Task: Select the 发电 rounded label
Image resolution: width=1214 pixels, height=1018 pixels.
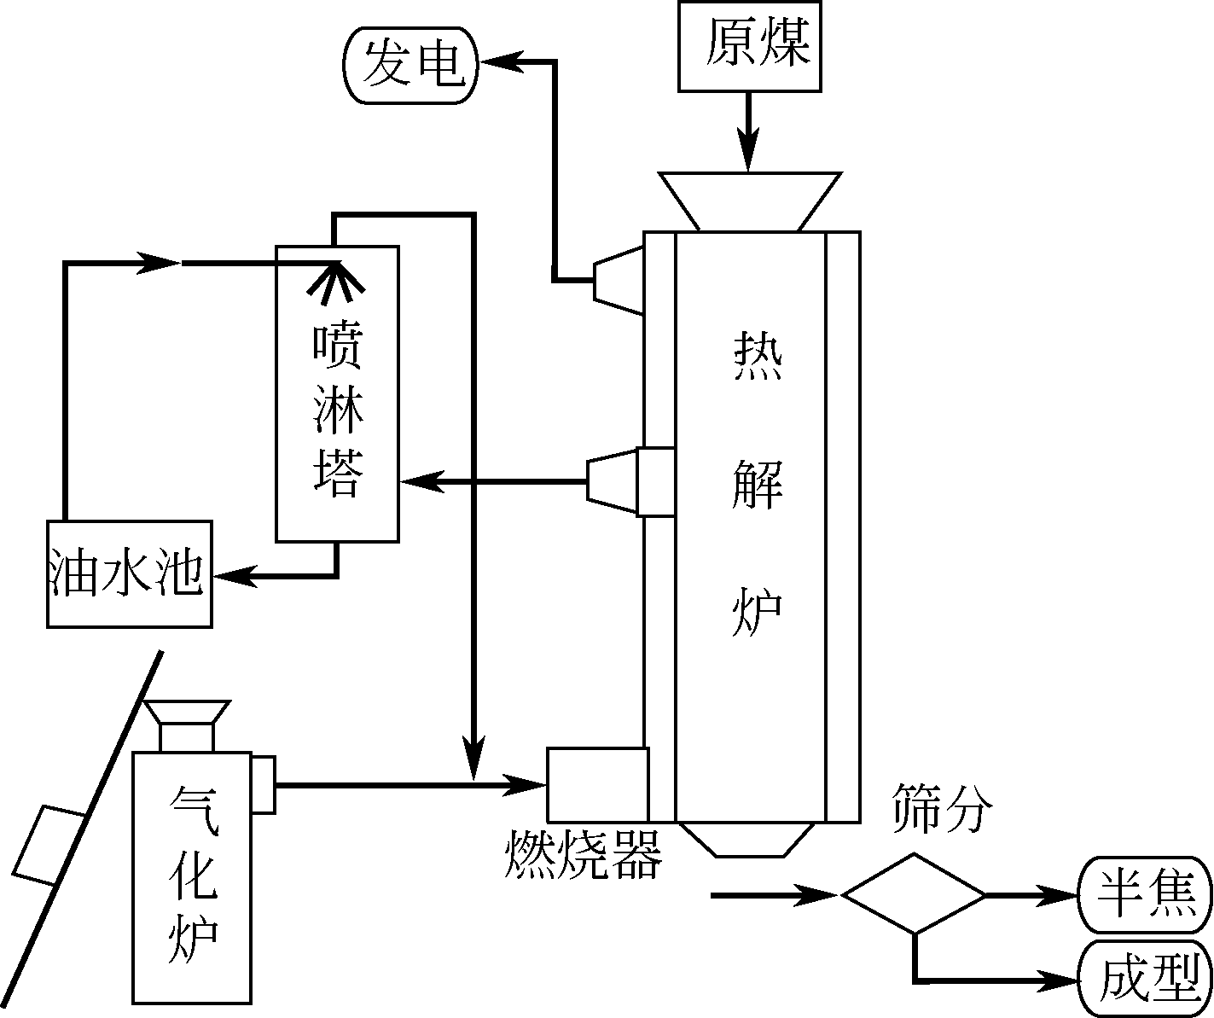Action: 410,65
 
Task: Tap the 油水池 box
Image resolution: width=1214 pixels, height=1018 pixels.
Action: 128,573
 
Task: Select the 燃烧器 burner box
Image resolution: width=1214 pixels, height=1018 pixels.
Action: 597,783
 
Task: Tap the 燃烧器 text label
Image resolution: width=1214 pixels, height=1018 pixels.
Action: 584,855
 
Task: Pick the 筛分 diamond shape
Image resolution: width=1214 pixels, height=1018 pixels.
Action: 914,893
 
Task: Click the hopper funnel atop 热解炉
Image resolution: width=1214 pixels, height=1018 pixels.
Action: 749,201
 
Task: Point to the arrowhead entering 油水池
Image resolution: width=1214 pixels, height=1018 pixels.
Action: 230,577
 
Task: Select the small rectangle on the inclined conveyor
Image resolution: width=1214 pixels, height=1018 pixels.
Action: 49,844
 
